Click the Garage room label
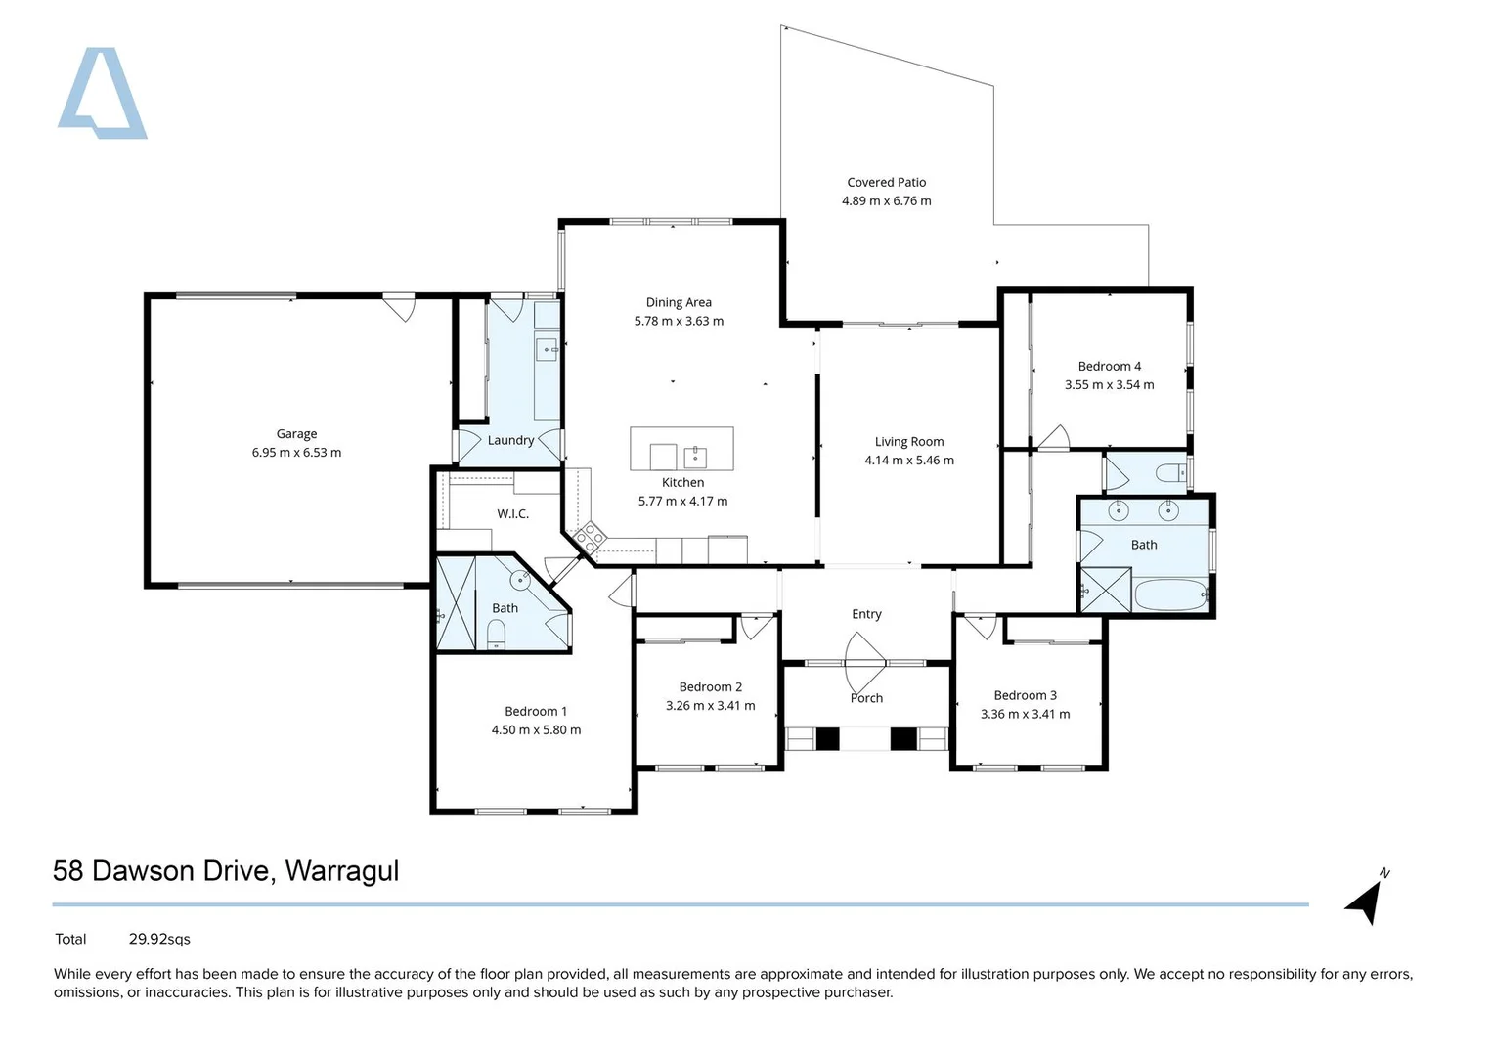tap(296, 434)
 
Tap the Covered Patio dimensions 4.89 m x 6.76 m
tap(887, 200)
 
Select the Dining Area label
tap(679, 303)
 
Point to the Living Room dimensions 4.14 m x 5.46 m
tap(909, 460)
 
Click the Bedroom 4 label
tap(1109, 366)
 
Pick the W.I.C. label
tap(512, 514)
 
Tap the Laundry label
tap(510, 441)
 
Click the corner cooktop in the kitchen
tap(590, 538)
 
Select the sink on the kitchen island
tap(695, 458)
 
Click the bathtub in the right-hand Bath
tap(1171, 594)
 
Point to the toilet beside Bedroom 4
tap(1171, 474)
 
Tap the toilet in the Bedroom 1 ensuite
tap(496, 634)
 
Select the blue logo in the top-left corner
tap(102, 93)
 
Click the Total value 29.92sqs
tap(159, 940)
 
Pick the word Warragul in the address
tap(342, 872)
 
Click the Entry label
tap(866, 614)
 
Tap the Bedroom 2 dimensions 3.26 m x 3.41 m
tap(711, 705)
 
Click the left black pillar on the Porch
tap(828, 738)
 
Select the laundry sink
tap(547, 349)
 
